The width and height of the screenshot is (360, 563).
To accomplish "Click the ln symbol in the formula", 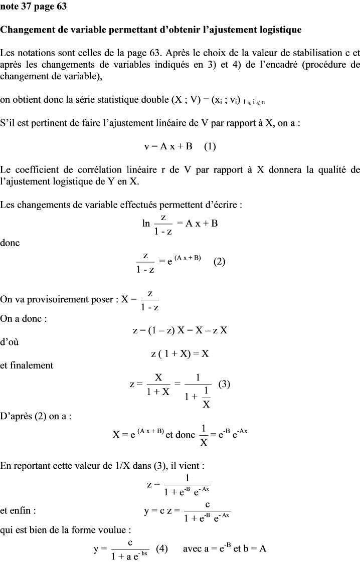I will click(x=146, y=223).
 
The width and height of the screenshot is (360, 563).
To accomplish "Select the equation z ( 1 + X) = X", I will click(x=179, y=353).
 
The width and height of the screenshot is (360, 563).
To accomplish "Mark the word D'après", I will click(x=17, y=416).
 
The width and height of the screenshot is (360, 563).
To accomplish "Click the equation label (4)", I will click(x=161, y=548).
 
